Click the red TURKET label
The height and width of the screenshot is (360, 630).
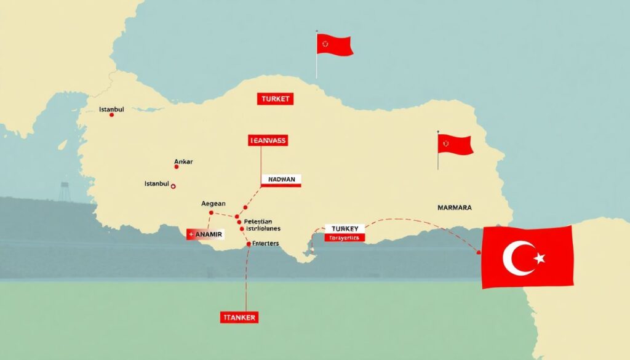(x=275, y=98)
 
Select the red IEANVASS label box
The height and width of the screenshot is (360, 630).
(x=268, y=140)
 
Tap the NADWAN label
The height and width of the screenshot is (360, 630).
(x=281, y=180)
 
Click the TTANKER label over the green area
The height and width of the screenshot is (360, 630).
(x=238, y=318)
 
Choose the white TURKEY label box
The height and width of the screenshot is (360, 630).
(x=344, y=228)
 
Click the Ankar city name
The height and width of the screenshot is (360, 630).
(x=183, y=162)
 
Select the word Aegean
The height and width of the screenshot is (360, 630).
(x=213, y=203)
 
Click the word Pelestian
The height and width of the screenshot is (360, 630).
(x=258, y=221)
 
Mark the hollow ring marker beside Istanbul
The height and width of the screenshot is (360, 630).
(x=173, y=185)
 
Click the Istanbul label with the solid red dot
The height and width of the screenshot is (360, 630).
(x=111, y=110)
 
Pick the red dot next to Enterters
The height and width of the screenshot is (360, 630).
(x=249, y=244)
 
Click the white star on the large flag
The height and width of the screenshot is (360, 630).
(x=540, y=258)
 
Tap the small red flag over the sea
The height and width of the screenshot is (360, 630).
(x=334, y=44)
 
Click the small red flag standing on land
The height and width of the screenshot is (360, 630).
(x=455, y=145)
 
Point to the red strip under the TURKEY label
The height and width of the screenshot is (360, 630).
(x=344, y=237)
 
